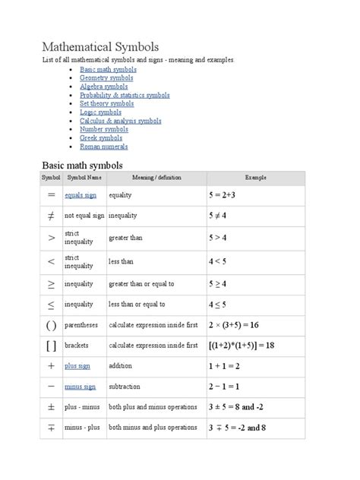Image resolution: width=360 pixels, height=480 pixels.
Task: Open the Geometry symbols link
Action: (x=107, y=77)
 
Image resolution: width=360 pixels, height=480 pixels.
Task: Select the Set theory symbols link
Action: (x=107, y=104)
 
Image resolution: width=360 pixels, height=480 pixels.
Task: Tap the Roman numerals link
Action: (x=103, y=147)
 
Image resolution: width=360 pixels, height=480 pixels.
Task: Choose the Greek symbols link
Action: (x=101, y=138)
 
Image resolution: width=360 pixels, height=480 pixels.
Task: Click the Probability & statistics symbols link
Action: (x=125, y=95)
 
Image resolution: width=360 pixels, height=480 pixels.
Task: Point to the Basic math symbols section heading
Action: (x=82, y=165)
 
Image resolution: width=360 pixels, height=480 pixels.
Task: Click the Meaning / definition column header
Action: (x=156, y=178)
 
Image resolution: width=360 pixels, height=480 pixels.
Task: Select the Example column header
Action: (x=255, y=178)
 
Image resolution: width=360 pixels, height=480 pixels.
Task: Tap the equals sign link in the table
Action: (x=81, y=195)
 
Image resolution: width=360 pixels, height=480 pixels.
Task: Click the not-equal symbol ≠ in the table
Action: (x=51, y=216)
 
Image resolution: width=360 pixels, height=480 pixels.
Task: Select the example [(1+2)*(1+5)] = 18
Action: (x=242, y=345)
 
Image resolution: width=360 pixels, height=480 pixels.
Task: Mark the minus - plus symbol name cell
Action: (x=83, y=428)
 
